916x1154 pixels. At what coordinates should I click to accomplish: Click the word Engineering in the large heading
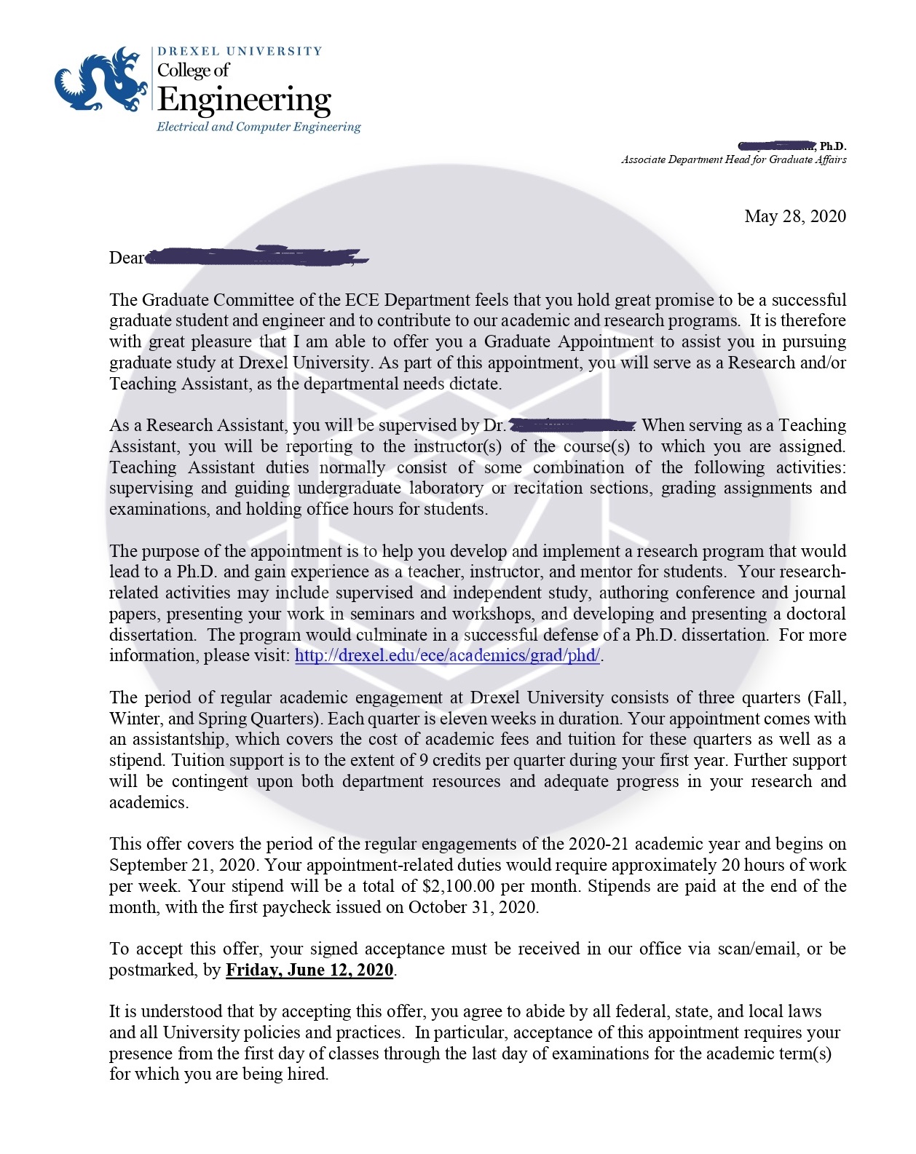pos(244,100)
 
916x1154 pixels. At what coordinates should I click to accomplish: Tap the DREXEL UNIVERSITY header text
pos(240,51)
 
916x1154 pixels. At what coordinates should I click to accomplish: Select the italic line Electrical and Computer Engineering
pos(258,127)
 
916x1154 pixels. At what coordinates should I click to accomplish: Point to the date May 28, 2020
pos(794,216)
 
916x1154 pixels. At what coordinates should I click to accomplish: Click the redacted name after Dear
pos(255,256)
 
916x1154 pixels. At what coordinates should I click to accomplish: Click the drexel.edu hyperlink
pos(447,655)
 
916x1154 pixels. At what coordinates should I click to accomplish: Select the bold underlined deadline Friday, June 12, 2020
pos(309,971)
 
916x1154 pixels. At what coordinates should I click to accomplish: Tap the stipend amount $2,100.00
pos(458,887)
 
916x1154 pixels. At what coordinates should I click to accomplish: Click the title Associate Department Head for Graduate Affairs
pos(733,160)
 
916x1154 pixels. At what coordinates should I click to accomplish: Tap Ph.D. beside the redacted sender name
pos(833,146)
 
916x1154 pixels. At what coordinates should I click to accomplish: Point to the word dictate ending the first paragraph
pos(474,384)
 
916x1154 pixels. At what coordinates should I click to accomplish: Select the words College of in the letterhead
pos(193,71)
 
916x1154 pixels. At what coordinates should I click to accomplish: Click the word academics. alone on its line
pos(149,803)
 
